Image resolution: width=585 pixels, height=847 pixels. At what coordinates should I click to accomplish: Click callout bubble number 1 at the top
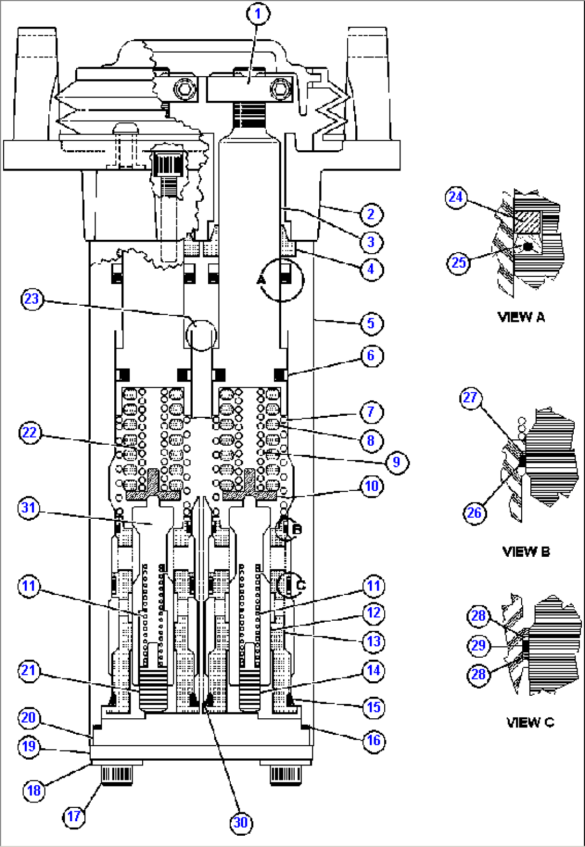click(x=258, y=13)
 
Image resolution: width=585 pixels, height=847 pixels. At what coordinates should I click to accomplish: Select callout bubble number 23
click(x=32, y=299)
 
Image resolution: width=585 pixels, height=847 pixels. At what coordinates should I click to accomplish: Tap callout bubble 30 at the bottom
click(x=241, y=822)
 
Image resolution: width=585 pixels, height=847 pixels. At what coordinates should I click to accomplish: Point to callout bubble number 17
click(x=74, y=816)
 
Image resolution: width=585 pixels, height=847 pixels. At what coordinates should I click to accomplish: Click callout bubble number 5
click(x=371, y=323)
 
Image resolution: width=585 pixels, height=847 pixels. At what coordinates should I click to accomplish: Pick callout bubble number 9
click(x=397, y=462)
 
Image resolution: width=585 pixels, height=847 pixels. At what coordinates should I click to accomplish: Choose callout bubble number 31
click(x=29, y=507)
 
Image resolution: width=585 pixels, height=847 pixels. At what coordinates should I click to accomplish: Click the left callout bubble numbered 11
click(x=29, y=585)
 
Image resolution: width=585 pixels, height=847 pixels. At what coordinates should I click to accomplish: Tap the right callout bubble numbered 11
click(x=374, y=586)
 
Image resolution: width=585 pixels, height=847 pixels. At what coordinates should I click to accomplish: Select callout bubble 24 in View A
click(x=456, y=197)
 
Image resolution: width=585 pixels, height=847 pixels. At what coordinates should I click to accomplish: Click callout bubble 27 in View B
click(x=471, y=398)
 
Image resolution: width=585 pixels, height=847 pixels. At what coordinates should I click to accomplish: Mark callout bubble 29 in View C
click(x=478, y=645)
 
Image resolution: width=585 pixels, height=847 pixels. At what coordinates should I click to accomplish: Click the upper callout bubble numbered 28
click(x=478, y=616)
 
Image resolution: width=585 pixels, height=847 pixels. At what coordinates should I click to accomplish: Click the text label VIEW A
click(x=521, y=317)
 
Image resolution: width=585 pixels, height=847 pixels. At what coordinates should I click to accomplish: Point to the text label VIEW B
click(x=526, y=551)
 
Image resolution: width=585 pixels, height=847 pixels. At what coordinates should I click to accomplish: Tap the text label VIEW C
click(x=530, y=722)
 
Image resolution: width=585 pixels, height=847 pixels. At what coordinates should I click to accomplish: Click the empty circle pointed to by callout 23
click(x=201, y=335)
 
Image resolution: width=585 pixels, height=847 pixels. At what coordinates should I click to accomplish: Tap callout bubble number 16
click(x=374, y=741)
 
